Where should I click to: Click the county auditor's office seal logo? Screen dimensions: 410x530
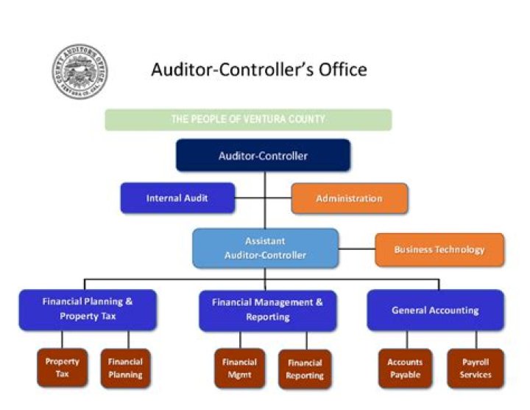[80, 72]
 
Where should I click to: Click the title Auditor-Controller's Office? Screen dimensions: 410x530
[258, 70]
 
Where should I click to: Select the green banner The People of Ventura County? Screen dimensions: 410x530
[248, 119]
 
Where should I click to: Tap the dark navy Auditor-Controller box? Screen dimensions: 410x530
[263, 156]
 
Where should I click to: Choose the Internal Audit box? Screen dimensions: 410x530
[177, 198]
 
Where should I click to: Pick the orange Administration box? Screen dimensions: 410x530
[349, 198]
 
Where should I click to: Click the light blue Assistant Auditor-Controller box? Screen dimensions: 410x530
[265, 248]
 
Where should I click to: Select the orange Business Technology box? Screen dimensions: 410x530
[439, 249]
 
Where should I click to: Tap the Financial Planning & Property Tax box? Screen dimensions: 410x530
[88, 309]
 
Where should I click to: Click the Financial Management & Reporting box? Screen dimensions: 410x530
[267, 310]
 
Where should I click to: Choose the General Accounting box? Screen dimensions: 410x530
[435, 310]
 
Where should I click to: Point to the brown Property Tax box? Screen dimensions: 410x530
[62, 368]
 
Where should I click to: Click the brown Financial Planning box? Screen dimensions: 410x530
[125, 368]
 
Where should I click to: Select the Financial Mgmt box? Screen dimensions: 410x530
[240, 368]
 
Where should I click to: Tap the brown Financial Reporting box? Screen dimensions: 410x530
[305, 369]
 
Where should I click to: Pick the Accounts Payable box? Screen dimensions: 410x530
[405, 368]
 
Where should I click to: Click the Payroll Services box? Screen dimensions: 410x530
[476, 368]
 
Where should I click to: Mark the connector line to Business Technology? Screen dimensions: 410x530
[357, 249]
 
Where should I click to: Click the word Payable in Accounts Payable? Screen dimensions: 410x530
[405, 375]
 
